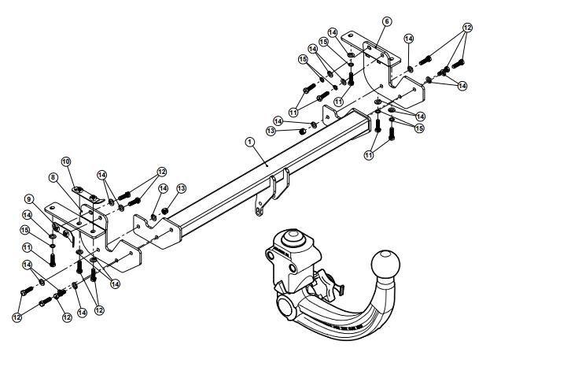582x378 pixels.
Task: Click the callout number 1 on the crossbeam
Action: pyautogui.click(x=249, y=142)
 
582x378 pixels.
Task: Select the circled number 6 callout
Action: pyautogui.click(x=386, y=21)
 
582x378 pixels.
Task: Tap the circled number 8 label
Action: pyautogui.click(x=53, y=178)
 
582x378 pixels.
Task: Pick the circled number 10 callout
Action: pyautogui.click(x=66, y=161)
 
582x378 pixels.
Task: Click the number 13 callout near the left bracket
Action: pyautogui.click(x=181, y=188)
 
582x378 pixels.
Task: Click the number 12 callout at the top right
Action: pyautogui.click(x=467, y=28)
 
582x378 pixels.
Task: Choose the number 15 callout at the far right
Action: pyautogui.click(x=419, y=128)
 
